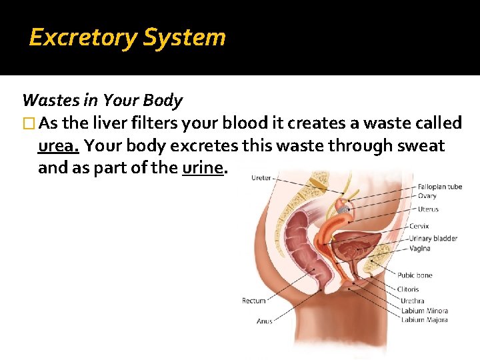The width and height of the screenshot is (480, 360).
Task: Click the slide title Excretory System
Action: [127, 37]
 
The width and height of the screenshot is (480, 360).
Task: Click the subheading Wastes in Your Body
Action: [102, 101]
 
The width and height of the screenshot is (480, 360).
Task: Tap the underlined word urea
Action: [58, 146]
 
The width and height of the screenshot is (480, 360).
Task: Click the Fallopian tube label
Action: [440, 187]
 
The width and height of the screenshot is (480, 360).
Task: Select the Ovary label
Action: [427, 196]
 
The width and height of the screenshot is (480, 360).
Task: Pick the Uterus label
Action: [429, 209]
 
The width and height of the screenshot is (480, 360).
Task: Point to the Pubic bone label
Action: [415, 275]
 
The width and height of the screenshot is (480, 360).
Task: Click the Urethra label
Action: [413, 301]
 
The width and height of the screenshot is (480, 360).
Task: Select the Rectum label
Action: [253, 301]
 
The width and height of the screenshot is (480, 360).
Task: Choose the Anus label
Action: [264, 321]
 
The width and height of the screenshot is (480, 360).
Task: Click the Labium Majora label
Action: [425, 319]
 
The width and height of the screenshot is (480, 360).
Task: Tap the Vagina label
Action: [420, 249]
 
